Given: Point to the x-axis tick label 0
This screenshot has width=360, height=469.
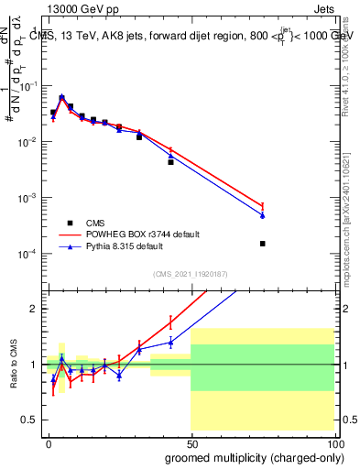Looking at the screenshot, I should pyautogui.click(x=49, y=442).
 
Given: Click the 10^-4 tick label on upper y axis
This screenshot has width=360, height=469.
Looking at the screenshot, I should pyautogui.click(x=29, y=254).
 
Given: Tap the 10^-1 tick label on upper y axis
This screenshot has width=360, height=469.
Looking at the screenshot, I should pyautogui.click(x=29, y=86).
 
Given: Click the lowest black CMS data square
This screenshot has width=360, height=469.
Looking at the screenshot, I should pyautogui.click(x=263, y=244).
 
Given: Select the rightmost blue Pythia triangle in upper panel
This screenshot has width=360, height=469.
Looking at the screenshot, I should pyautogui.click(x=263, y=215).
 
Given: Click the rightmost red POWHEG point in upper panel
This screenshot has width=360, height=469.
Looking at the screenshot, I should pyautogui.click(x=263, y=206).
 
